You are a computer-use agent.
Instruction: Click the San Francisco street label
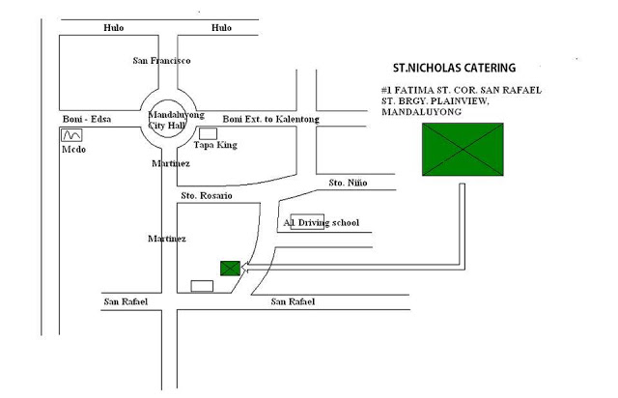[x=161, y=61]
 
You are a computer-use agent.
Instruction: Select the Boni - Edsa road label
[x=87, y=119]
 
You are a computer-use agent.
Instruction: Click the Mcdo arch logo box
[x=71, y=135]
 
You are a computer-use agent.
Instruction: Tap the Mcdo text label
[x=73, y=150]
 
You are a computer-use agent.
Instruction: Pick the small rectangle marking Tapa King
[x=209, y=133]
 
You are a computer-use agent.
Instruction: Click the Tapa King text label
[x=215, y=145]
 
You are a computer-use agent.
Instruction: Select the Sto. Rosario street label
[x=207, y=196]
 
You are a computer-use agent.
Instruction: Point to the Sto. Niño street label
[x=348, y=183]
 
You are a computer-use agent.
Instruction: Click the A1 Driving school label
[x=322, y=223]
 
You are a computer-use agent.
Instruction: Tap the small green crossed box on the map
[x=230, y=269]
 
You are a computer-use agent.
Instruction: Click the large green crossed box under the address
[x=463, y=150]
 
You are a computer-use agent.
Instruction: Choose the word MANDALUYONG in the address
[x=421, y=112]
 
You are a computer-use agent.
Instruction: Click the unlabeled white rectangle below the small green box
[x=202, y=286]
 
